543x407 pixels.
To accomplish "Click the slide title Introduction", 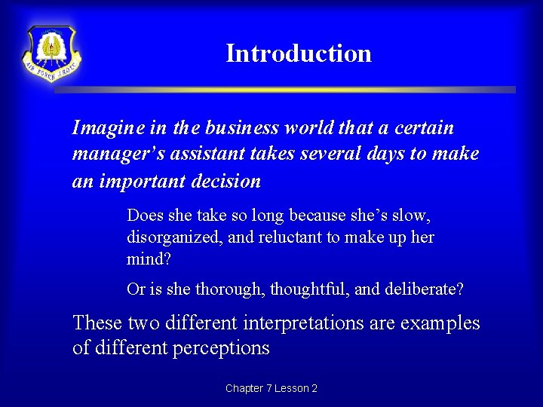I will (x=299, y=54).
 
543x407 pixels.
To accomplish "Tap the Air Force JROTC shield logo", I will (x=51, y=54).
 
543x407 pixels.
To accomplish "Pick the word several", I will (x=328, y=155).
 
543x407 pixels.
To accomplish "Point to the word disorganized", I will (x=169, y=237).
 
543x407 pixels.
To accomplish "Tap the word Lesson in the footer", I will (x=291, y=388).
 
